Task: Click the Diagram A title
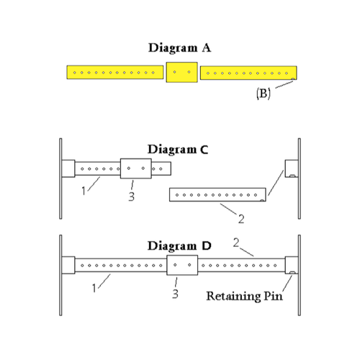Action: pos(179,48)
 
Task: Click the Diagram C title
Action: pos(178,149)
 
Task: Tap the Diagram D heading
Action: pos(179,246)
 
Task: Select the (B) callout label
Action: pos(263,93)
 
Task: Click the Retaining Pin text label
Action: pos(244,296)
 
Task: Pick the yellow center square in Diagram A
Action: pos(182,72)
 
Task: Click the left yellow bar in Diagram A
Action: pos(115,72)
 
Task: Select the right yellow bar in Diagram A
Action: pos(248,73)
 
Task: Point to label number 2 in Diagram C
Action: pos(241,219)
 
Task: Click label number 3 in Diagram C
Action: pos(131,197)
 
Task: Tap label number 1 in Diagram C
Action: pos(84,191)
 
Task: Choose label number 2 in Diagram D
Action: pos(236,243)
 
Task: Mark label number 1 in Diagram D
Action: pos(94,288)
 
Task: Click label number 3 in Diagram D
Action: pos(175,294)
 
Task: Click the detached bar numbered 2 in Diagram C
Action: pos(217,194)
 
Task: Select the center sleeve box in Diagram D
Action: pos(182,265)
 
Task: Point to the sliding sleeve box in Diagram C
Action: pos(136,168)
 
